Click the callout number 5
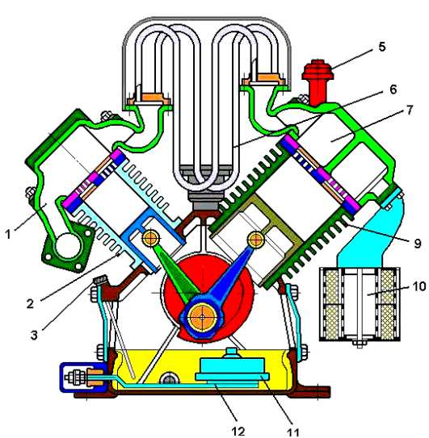click(x=381, y=47)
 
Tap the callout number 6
click(x=393, y=90)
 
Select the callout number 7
click(x=410, y=110)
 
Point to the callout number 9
click(x=417, y=244)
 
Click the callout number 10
click(x=419, y=286)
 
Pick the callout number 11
click(x=292, y=432)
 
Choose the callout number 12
click(x=238, y=432)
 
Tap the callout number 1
click(x=8, y=234)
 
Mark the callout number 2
click(x=30, y=303)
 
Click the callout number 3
click(x=34, y=335)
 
